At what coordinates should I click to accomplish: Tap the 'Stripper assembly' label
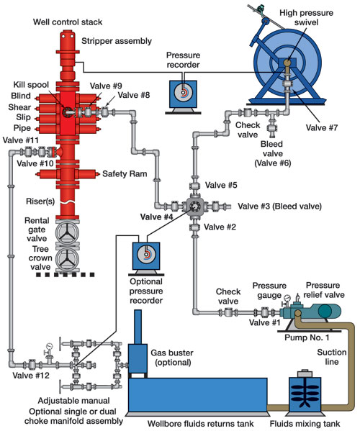pyautogui.click(x=111, y=41)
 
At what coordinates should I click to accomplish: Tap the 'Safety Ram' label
pyautogui.click(x=123, y=173)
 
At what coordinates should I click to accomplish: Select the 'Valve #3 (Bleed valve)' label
pyautogui.click(x=282, y=206)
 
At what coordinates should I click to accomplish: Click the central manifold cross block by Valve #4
pyautogui.click(x=194, y=207)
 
